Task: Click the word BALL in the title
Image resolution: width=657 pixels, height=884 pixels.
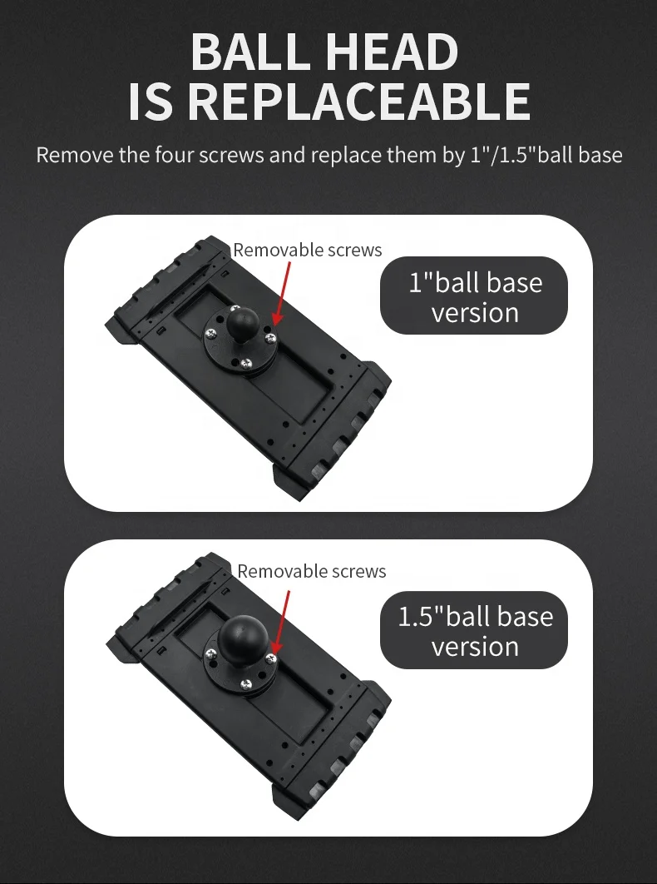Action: click(251, 52)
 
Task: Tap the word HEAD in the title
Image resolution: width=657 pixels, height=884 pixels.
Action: click(391, 52)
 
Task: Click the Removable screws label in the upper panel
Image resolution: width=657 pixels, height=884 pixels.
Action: click(307, 250)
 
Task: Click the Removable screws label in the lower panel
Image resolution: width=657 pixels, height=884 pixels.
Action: click(311, 571)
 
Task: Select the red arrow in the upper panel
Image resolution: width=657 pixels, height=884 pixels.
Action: click(284, 291)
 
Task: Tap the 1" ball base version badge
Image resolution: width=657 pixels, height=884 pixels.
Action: click(474, 296)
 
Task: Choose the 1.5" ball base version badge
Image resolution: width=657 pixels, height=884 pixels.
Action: click(474, 630)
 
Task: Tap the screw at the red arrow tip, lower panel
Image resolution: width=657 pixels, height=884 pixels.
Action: click(270, 658)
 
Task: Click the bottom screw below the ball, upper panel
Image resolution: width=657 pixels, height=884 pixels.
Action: click(247, 362)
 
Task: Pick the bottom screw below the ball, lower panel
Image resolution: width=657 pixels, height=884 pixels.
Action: click(246, 683)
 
